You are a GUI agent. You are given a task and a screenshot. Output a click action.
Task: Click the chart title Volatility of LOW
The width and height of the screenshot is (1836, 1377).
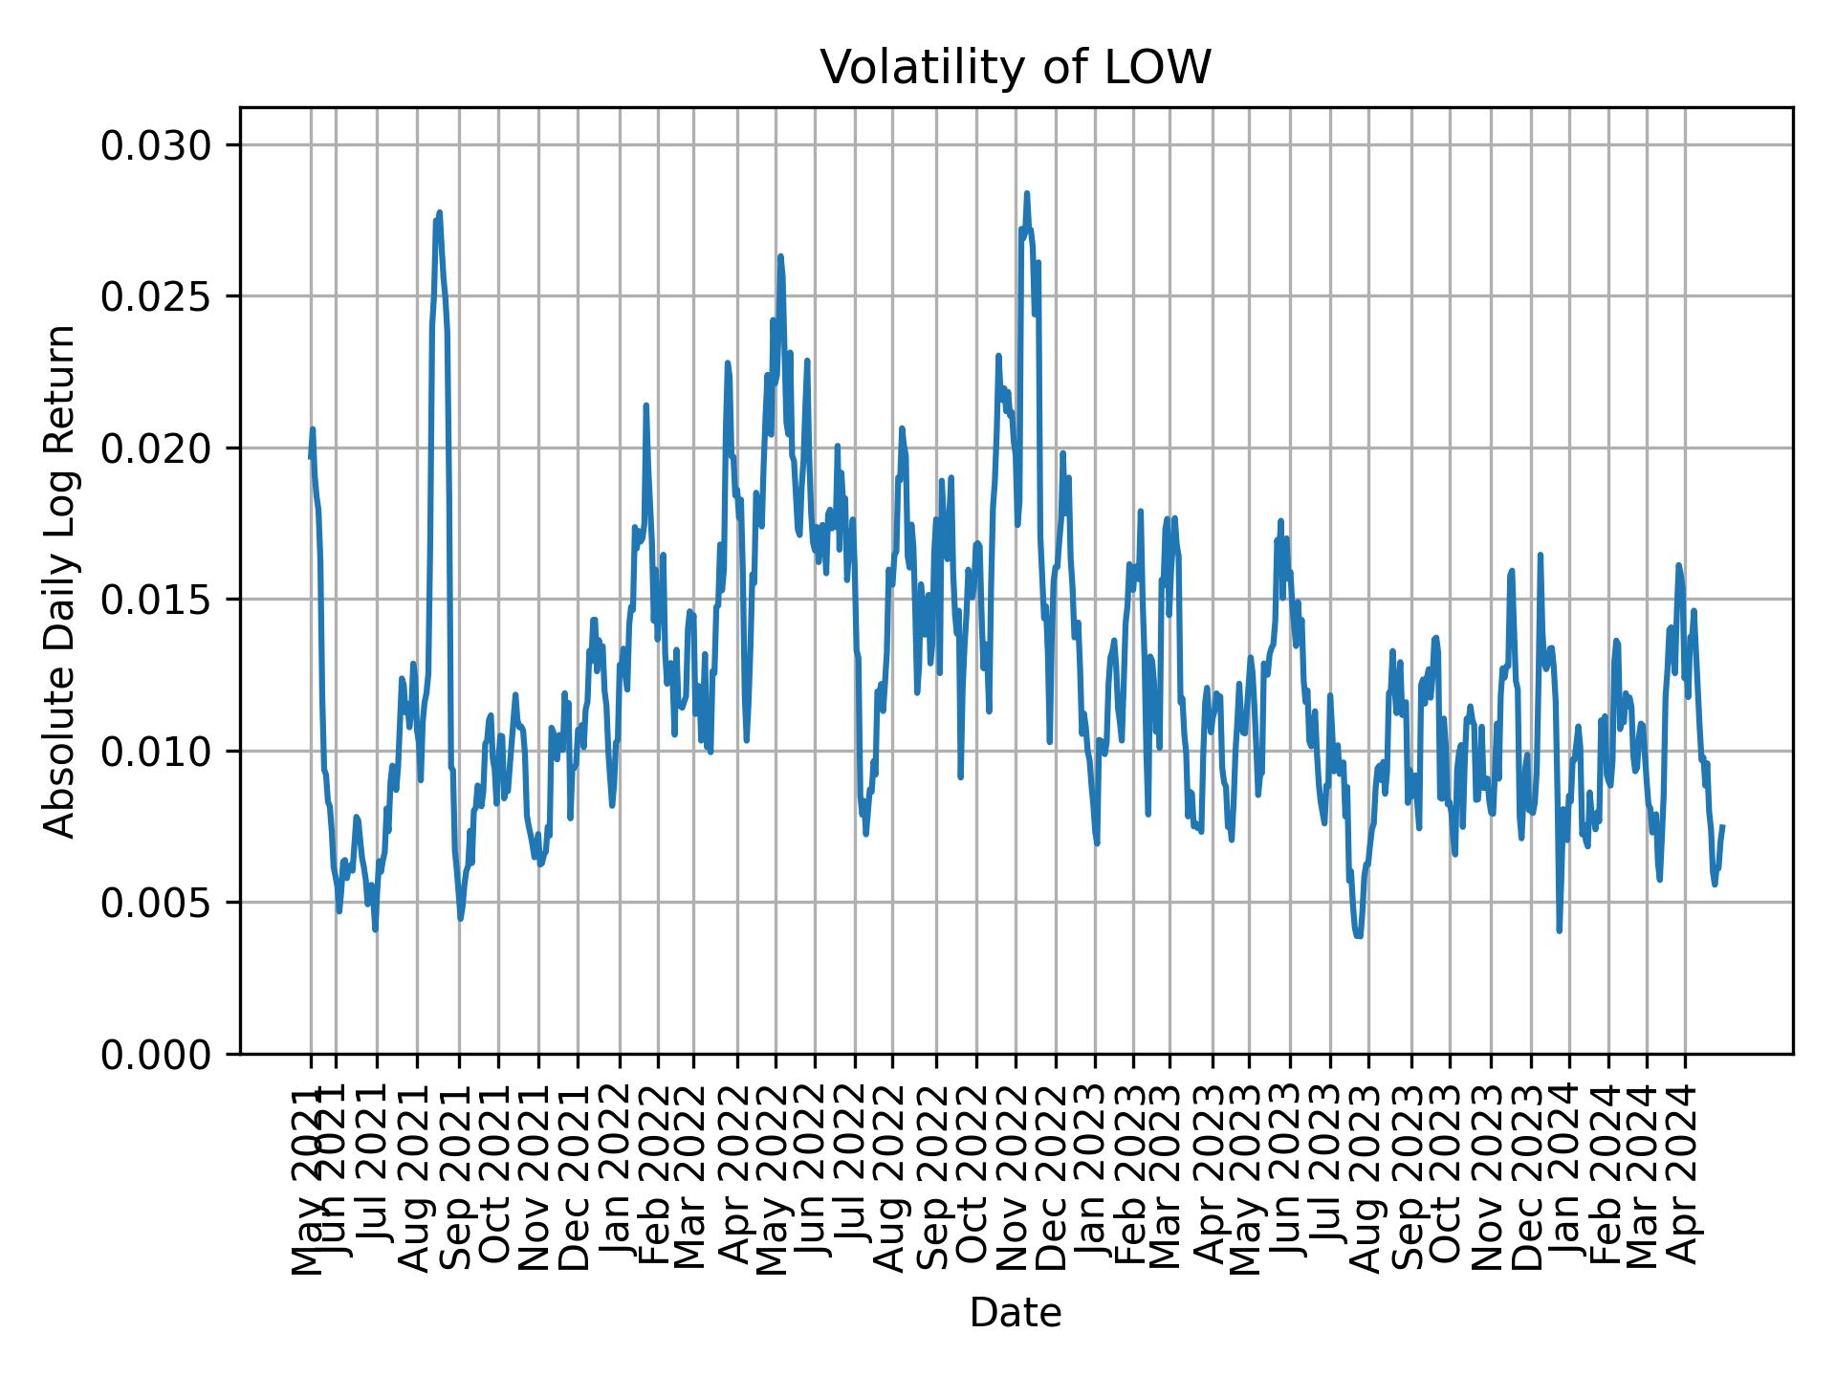1016,69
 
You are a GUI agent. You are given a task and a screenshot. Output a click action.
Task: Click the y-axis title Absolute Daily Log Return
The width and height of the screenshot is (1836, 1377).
61,580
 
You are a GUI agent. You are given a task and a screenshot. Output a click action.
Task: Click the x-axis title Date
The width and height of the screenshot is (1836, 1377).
1016,1313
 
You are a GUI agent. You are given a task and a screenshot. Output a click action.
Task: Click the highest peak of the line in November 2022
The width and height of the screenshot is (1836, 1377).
1027,193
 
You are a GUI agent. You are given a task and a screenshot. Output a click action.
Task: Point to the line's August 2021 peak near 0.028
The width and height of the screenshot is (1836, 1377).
439,212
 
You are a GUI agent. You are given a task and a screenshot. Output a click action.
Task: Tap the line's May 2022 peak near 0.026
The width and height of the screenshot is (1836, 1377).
780,256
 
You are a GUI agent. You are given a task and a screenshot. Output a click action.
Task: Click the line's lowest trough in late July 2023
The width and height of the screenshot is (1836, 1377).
1358,936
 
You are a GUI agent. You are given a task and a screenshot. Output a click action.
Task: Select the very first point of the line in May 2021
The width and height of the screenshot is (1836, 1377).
310,458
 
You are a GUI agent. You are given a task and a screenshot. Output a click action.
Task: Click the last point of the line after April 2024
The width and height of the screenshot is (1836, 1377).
1722,826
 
